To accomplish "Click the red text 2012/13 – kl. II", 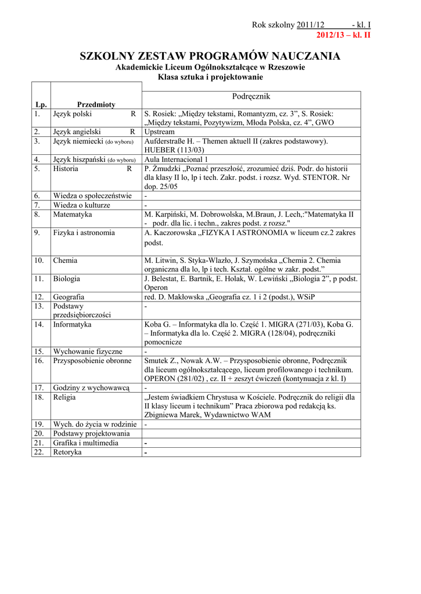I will (343, 35).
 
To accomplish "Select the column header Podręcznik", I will (251, 96).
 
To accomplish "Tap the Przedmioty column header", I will (96, 104).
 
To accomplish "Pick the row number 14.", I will (39, 324).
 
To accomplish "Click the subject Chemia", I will (65, 260).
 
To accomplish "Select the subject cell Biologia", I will (67, 278).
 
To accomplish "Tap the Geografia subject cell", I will (69, 296).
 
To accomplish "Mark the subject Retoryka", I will (67, 452).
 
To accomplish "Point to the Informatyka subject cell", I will (72, 324).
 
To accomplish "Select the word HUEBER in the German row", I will (159, 150).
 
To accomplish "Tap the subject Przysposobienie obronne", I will (92, 360).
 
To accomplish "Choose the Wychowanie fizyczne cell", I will (88, 352).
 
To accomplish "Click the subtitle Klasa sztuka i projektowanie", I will (210, 77).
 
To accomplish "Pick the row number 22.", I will (39, 452).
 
